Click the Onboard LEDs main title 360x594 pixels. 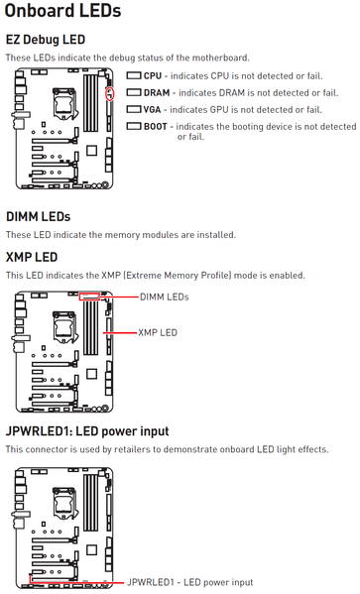point(62,10)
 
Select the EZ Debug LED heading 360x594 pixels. point(46,40)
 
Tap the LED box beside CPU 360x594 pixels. point(134,75)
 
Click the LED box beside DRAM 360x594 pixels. point(134,92)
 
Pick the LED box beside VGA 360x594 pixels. point(134,109)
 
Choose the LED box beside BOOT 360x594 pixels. point(134,126)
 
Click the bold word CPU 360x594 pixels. point(153,76)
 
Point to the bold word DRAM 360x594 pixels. point(157,93)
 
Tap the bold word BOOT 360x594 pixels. point(156,126)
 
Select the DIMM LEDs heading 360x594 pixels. point(39,217)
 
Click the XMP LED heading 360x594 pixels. point(32,257)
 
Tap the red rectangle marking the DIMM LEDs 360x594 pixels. point(89,297)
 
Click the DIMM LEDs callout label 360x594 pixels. point(164,297)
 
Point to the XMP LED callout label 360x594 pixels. point(158,332)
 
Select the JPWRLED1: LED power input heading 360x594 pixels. point(87,431)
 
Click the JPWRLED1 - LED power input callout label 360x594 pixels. point(189,582)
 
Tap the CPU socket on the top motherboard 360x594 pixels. point(64,102)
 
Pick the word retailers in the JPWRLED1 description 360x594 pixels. point(135,449)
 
